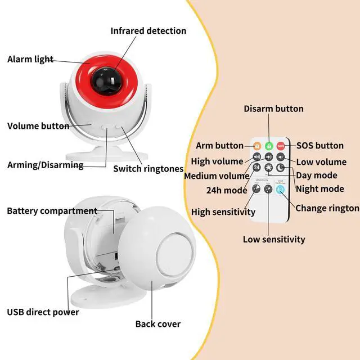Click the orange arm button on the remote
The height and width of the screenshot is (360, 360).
point(257,146)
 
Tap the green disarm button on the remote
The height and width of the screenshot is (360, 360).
point(269,146)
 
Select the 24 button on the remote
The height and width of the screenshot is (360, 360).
point(257,168)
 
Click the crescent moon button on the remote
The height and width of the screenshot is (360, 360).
point(281,168)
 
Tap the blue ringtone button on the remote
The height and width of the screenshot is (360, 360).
point(281,189)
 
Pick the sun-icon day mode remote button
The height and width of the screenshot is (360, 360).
point(269,168)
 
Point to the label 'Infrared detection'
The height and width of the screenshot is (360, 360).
point(148,31)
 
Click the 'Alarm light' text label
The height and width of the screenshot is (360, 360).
point(30,59)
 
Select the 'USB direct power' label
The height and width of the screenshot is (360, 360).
point(43,312)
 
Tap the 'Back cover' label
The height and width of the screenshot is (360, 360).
point(158,324)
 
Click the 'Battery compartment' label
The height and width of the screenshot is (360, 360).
point(52,211)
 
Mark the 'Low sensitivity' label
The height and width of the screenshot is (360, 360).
point(274,239)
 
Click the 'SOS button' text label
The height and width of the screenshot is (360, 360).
point(320,146)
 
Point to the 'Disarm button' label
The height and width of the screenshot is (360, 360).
point(273,109)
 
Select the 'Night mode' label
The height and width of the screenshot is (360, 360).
point(319,189)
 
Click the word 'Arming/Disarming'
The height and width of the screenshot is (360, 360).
point(45,165)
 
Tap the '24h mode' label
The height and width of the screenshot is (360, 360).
point(227,190)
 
